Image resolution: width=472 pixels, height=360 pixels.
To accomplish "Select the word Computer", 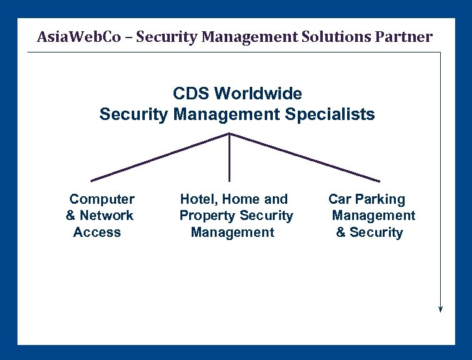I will pyautogui.click(x=102, y=199).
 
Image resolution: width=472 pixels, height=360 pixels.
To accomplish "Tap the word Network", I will pyautogui.click(x=107, y=216).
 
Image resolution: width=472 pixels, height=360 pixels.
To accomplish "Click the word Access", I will pyautogui.click(x=97, y=232).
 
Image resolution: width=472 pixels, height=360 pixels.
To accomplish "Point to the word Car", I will pyautogui.click(x=340, y=199).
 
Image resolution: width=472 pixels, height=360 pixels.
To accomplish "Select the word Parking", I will pyautogui.click(x=380, y=199).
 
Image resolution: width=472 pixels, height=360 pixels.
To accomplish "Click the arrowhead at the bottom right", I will pyautogui.click(x=441, y=307).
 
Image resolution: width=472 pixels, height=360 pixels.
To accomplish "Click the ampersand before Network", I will pyautogui.click(x=71, y=216).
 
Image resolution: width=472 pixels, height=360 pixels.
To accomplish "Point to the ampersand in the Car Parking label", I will pyautogui.click(x=341, y=232).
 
